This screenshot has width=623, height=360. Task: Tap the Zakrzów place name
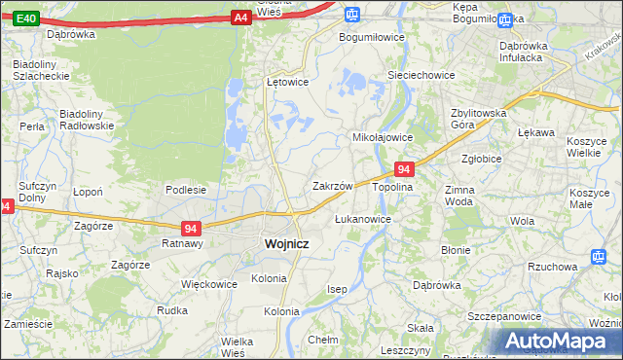332,185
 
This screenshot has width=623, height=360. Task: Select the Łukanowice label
362,219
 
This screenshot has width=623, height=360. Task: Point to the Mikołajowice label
383,137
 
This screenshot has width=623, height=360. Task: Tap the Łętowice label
287,82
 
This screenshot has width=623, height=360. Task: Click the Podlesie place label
185,190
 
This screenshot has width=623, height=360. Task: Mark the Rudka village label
171,310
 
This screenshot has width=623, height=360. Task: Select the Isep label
337,290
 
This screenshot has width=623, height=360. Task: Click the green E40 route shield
27,18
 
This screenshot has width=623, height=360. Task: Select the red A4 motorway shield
241,18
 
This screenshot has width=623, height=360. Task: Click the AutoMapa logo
558,341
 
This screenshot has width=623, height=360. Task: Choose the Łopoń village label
89,192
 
